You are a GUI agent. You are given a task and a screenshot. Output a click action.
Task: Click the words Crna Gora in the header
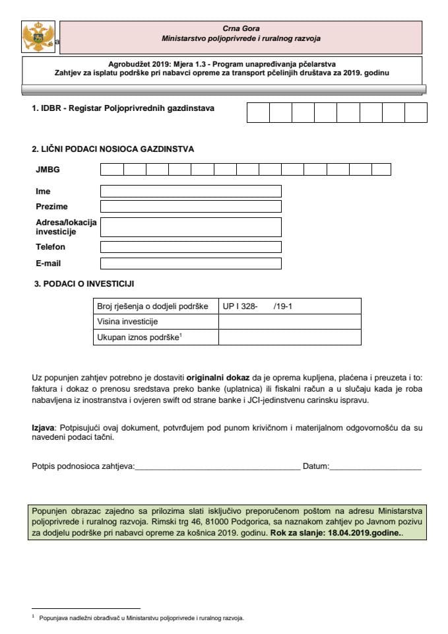(x=241, y=28)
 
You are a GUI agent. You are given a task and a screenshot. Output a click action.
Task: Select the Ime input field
(x=191, y=191)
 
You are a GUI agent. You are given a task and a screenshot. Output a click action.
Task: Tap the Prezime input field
(x=191, y=207)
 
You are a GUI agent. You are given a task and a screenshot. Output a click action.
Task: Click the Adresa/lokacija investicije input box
(x=191, y=227)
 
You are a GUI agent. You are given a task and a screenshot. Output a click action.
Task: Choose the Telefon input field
(x=191, y=247)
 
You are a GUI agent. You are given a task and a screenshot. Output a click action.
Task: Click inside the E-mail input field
(x=191, y=264)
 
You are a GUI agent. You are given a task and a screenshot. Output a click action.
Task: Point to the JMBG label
(x=48, y=170)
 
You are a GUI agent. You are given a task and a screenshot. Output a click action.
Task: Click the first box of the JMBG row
(x=112, y=170)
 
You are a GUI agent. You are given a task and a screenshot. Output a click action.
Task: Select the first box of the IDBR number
(x=258, y=112)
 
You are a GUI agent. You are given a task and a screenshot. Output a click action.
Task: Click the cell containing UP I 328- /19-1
(x=289, y=306)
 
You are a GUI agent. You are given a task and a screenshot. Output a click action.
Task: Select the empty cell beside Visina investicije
(x=289, y=322)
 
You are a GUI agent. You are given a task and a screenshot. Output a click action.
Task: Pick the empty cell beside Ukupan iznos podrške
(x=289, y=337)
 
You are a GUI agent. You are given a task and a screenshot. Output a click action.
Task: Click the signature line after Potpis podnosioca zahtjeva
(x=217, y=468)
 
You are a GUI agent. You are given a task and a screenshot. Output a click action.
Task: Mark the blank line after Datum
(x=375, y=468)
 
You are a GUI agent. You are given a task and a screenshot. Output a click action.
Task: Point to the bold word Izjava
(x=44, y=427)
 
